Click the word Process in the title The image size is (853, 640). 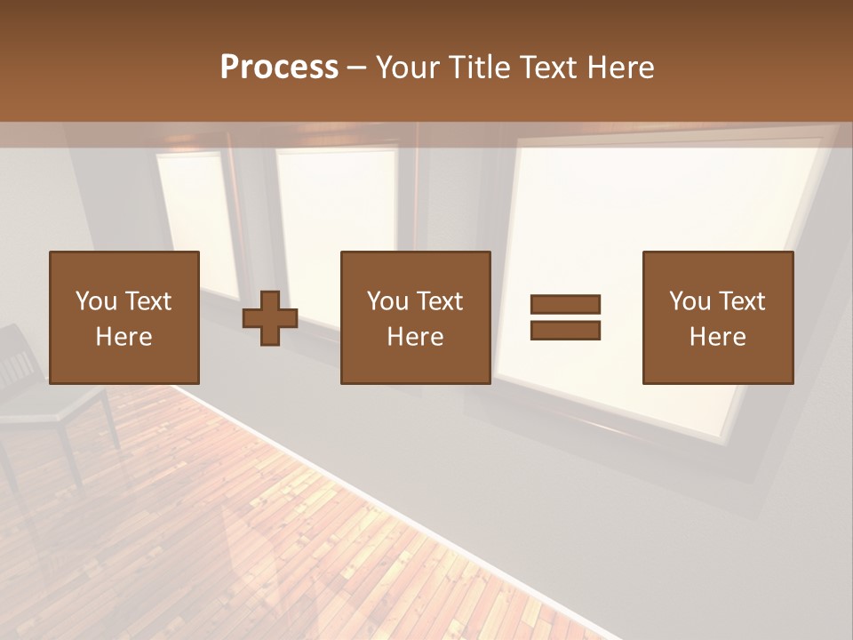tap(279, 67)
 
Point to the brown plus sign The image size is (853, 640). tap(270, 317)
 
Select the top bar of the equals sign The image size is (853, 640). tap(565, 304)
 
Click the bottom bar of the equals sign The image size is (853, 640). tap(565, 331)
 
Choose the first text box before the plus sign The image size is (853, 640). tap(124, 317)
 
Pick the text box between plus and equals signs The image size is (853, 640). tap(415, 317)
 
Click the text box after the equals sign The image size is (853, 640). tap(717, 317)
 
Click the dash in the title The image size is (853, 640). tap(357, 68)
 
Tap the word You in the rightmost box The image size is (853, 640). tap(688, 301)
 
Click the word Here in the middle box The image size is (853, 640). tap(415, 337)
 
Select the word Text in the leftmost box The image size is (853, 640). tap(149, 301)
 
